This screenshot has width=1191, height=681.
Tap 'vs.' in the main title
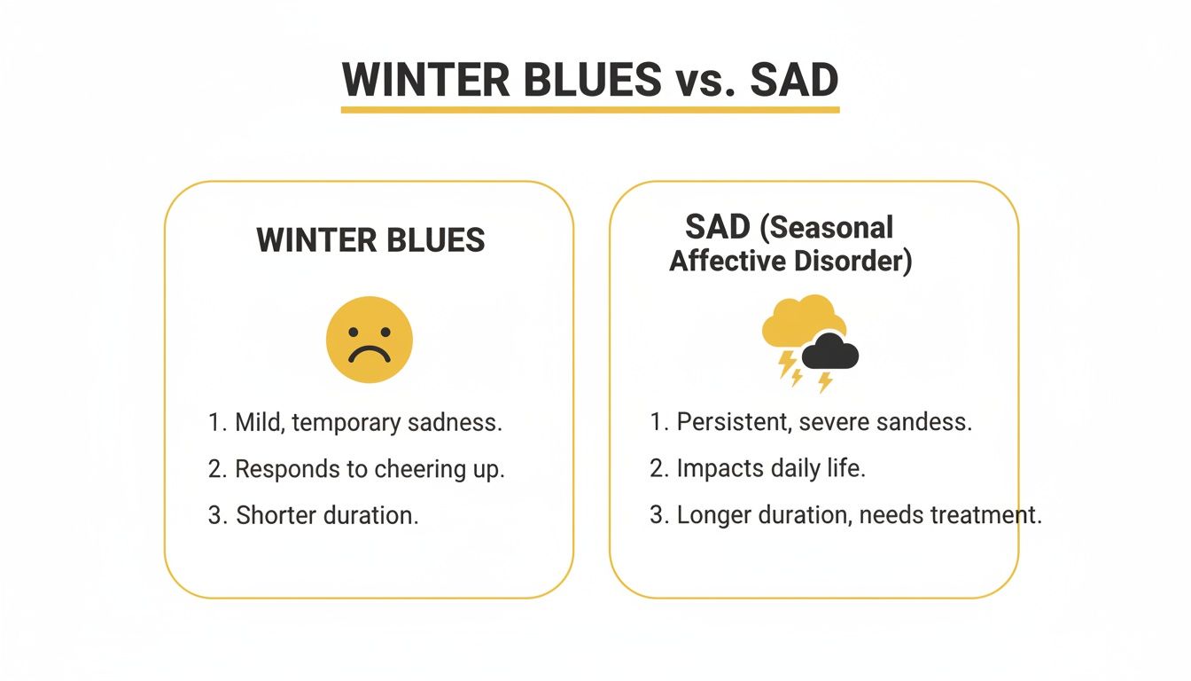pyautogui.click(x=701, y=81)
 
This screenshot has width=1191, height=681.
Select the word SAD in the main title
pyautogui.click(x=794, y=81)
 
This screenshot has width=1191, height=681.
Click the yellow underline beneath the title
pyautogui.click(x=590, y=110)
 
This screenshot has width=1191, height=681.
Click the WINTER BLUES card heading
pyautogui.click(x=370, y=240)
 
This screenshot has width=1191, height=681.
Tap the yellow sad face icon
pyautogui.click(x=370, y=340)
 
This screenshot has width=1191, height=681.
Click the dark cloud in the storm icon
pyautogui.click(x=830, y=352)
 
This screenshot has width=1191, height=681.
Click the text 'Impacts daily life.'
pyautogui.click(x=770, y=468)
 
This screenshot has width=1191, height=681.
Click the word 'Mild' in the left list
pyautogui.click(x=257, y=422)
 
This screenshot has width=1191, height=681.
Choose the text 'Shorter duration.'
pyautogui.click(x=327, y=515)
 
